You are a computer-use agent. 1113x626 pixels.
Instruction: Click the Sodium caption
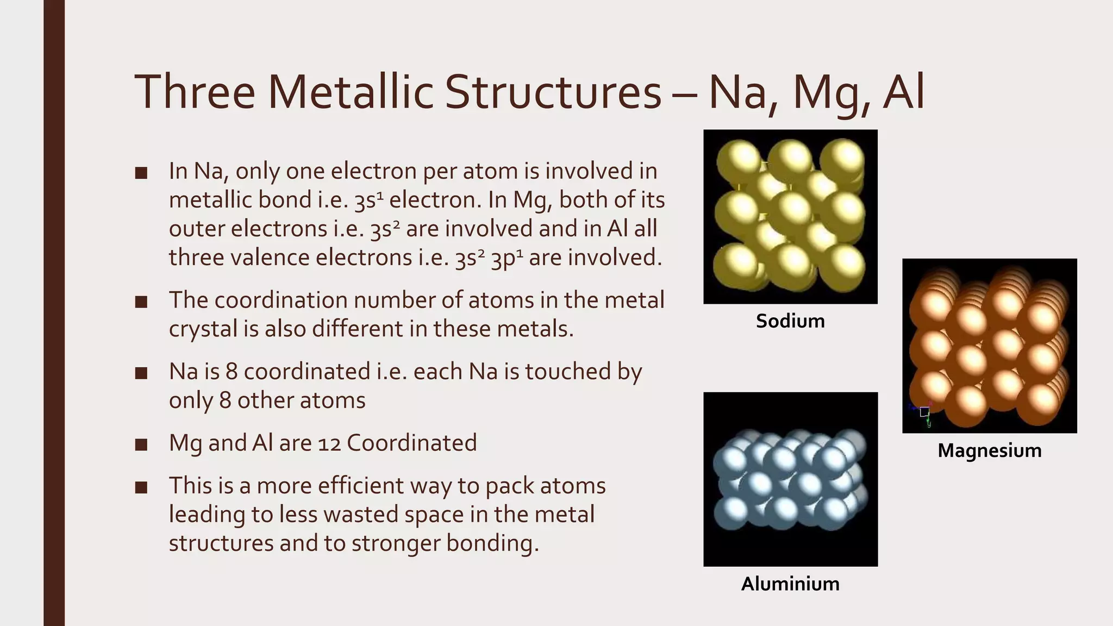[x=790, y=321]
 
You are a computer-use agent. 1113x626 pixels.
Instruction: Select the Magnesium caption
[x=989, y=450]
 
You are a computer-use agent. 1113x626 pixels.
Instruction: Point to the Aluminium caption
[x=790, y=584]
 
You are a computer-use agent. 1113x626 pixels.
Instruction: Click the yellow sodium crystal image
[x=790, y=216]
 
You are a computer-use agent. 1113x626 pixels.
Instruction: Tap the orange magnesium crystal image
[x=989, y=346]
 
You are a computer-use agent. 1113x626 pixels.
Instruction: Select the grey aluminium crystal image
[x=790, y=479]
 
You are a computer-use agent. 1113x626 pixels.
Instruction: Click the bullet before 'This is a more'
[x=141, y=487]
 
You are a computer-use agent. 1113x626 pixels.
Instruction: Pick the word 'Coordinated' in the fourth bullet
[x=411, y=443]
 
